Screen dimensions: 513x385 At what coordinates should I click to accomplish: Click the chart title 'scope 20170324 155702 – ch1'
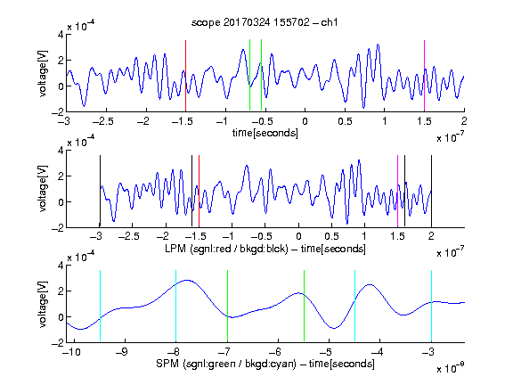[265, 22]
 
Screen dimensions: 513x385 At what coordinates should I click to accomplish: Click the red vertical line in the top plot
[185, 76]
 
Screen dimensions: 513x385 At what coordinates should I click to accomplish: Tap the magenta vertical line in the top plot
[424, 76]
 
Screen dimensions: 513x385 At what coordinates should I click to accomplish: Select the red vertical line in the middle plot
[199, 192]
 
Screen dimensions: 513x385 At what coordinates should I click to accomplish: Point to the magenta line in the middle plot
[397, 192]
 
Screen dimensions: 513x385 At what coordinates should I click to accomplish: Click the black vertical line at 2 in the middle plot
[431, 192]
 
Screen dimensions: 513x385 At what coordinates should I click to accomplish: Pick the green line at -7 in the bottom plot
[227, 306]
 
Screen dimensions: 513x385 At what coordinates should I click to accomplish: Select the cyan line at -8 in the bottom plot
[175, 306]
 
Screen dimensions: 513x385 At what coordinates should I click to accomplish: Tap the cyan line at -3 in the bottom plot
[431, 306]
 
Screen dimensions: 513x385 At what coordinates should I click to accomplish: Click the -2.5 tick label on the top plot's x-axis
[103, 121]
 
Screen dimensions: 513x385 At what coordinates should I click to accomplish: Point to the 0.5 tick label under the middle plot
[331, 236]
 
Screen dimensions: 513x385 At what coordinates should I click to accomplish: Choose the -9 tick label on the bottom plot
[122, 352]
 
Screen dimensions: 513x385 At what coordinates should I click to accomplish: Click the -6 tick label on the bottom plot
[275, 352]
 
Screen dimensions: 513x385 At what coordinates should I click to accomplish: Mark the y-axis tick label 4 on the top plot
[61, 35]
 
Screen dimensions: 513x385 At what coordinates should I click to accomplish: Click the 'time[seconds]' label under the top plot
[265, 133]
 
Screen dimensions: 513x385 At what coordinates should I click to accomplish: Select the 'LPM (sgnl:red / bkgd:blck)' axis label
[226, 249]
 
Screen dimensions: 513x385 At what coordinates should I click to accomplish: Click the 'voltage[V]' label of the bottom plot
[43, 304]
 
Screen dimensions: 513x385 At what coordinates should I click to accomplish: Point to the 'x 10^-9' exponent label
[451, 368]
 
